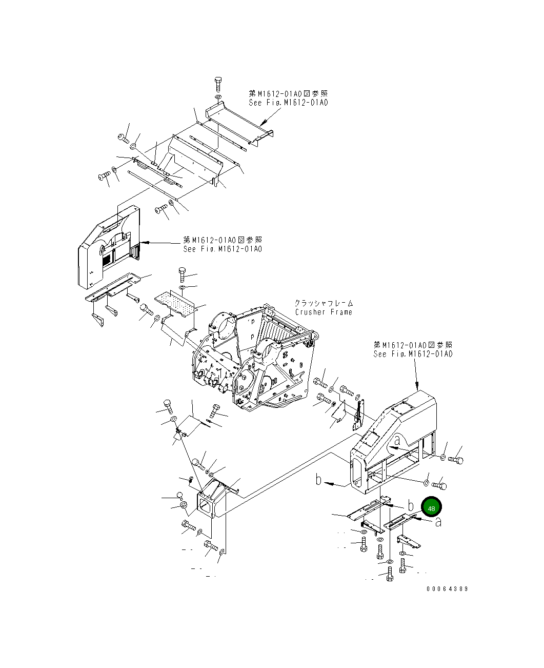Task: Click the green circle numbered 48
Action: [x=431, y=508]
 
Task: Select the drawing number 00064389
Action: [x=447, y=589]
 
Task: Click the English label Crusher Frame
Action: [x=324, y=312]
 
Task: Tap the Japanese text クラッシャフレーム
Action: [x=324, y=304]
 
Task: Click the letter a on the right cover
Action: [x=398, y=440]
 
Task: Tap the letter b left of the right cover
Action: [x=319, y=480]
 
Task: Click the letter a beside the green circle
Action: [x=438, y=522]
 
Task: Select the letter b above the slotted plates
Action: [x=411, y=506]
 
